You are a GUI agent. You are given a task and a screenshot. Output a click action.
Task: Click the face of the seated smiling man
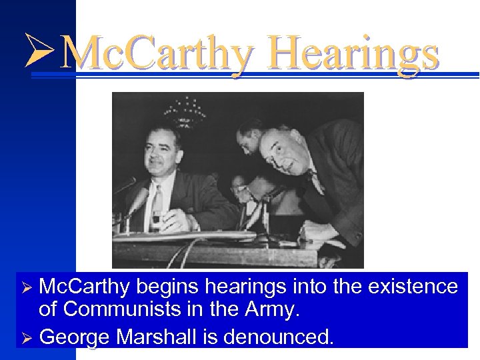click(x=160, y=154)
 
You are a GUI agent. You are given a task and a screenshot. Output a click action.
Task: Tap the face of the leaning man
click(x=281, y=153)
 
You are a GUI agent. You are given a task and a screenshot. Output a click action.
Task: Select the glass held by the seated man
click(x=156, y=219)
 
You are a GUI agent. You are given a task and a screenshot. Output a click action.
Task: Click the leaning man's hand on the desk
click(x=313, y=233)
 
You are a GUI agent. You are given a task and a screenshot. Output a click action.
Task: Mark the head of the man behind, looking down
click(x=251, y=133)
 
